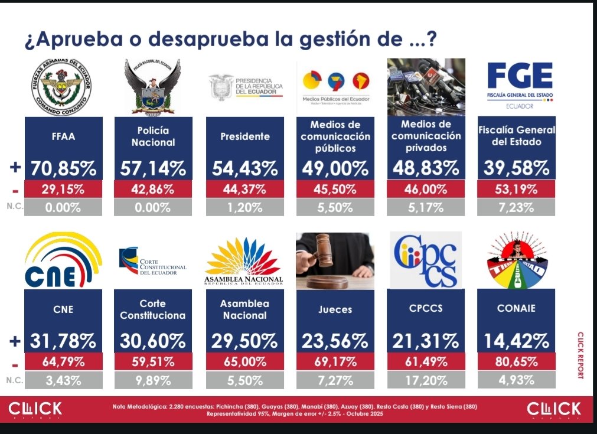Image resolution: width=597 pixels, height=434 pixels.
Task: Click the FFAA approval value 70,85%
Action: coord(64,168)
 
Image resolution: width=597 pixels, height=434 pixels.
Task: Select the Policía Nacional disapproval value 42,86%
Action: coord(152,190)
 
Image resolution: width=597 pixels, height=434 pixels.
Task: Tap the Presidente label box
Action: coord(244,136)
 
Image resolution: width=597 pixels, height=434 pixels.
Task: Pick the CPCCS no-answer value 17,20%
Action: coord(425,380)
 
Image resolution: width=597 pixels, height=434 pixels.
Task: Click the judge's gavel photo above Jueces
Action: coord(335,260)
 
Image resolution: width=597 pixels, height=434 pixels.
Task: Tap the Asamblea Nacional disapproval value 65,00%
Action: coord(244,361)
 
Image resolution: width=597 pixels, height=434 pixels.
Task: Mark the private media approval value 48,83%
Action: coord(425,168)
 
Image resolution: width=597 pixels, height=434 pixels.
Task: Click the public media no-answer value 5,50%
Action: coord(335,208)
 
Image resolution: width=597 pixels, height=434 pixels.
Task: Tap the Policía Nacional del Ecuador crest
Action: coord(152,87)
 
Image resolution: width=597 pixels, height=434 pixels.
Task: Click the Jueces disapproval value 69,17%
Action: coord(335,361)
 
